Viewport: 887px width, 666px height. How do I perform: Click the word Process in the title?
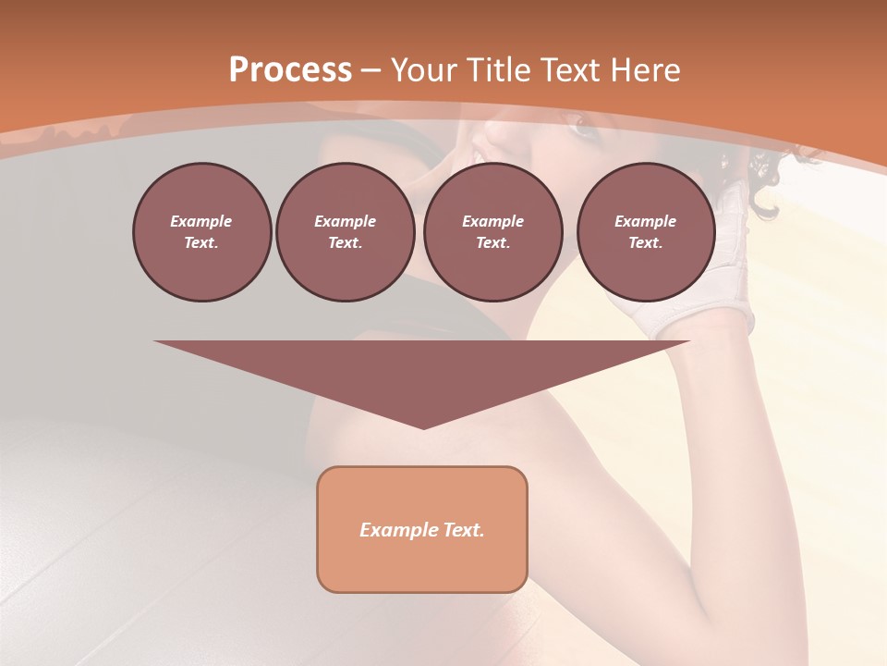click(x=290, y=70)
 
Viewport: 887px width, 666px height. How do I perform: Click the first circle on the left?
click(x=201, y=232)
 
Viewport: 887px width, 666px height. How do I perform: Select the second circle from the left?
click(x=345, y=232)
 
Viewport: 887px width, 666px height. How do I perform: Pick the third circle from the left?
click(x=492, y=232)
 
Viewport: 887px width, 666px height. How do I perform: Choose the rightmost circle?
click(x=646, y=232)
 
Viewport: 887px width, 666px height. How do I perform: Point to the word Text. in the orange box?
click(x=463, y=530)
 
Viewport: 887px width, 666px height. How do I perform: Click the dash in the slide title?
click(x=371, y=70)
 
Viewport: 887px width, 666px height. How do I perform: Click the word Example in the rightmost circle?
click(x=646, y=221)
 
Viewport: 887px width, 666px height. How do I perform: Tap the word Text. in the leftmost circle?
click(x=201, y=243)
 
